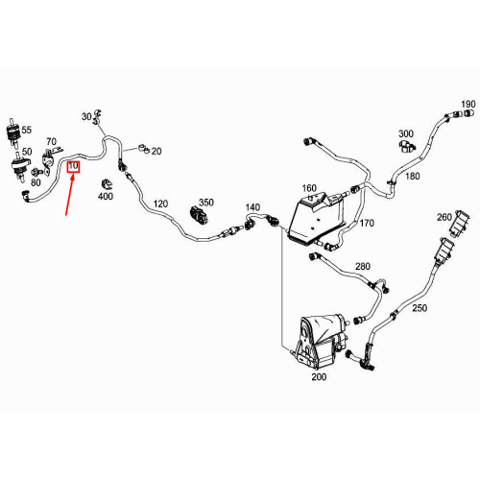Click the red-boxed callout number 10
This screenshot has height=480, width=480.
[x=73, y=166]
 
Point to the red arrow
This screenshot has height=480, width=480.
[x=70, y=194]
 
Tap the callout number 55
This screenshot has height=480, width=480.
[x=27, y=130]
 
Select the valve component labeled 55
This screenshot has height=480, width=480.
[x=13, y=132]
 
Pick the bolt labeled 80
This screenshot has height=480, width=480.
[x=36, y=173]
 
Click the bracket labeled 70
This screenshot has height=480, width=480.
[x=51, y=160]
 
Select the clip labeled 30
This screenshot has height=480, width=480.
[x=98, y=117]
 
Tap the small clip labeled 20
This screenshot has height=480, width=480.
[x=144, y=149]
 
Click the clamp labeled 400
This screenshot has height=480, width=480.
[x=107, y=184]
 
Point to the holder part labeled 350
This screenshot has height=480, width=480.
[x=199, y=215]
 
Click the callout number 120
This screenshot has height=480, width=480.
[x=160, y=204]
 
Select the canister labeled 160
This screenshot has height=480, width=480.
[x=315, y=218]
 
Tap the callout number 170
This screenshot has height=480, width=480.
[x=367, y=223]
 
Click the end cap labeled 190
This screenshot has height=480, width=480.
[x=468, y=113]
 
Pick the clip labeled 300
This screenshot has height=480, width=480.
[x=406, y=146]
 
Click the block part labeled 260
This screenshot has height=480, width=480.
[x=460, y=224]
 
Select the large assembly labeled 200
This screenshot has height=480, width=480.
[x=320, y=342]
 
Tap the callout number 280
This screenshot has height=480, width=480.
[x=363, y=266]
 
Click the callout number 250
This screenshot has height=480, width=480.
[x=420, y=308]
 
